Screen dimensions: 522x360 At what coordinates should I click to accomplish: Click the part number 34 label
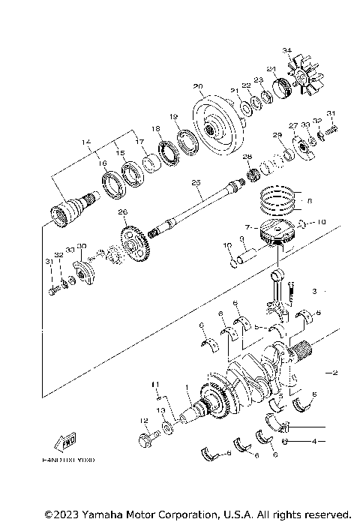click(286, 50)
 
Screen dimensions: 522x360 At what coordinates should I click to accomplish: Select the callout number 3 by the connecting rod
click(316, 289)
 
